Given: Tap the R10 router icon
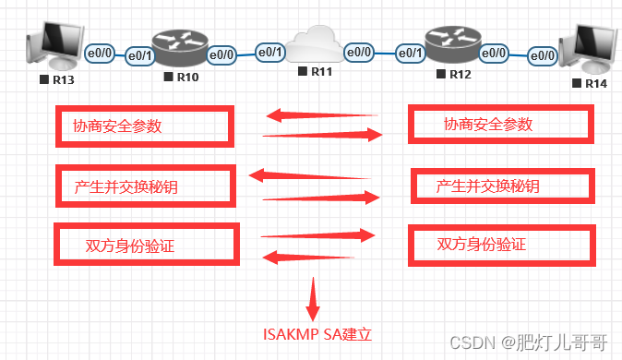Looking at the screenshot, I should (181, 47).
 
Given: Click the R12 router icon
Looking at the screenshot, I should (453, 44).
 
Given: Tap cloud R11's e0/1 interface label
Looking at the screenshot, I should (270, 52).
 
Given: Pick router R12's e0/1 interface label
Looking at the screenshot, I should (411, 54).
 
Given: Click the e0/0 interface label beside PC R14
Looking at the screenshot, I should (543, 55).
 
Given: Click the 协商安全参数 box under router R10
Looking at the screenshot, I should (143, 126).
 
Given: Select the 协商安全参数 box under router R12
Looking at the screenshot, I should (498, 124).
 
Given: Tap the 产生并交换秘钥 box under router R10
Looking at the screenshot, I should (144, 186).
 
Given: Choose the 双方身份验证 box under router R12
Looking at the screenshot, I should (498, 245).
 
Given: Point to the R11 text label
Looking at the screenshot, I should (320, 71).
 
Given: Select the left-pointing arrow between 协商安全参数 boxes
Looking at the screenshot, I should (321, 116).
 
